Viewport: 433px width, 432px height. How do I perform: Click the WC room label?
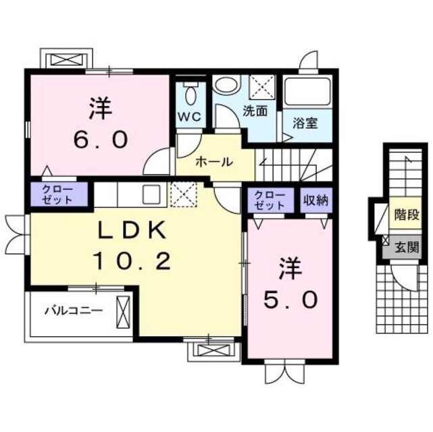[x=190, y=117]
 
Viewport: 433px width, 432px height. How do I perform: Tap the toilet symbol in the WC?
[x=190, y=92]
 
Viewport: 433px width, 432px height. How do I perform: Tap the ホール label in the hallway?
[x=215, y=162]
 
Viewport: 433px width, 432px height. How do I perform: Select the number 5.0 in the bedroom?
[x=290, y=299]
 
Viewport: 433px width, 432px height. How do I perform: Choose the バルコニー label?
[x=74, y=312]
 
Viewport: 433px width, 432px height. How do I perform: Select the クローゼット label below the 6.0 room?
[x=59, y=194]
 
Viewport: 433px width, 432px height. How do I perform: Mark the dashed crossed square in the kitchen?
[x=182, y=194]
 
